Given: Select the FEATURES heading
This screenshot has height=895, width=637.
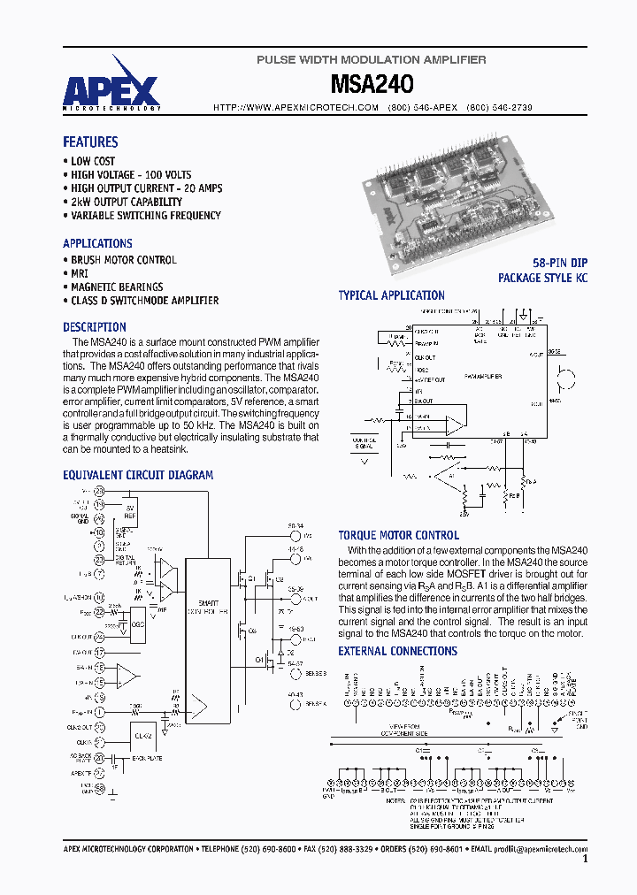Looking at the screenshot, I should click(x=90, y=142).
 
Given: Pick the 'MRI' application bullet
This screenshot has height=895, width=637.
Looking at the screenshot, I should click(x=79, y=273).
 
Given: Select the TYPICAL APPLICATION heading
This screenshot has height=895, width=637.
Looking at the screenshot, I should click(x=391, y=295).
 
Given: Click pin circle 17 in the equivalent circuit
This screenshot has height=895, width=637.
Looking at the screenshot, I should click(x=99, y=653).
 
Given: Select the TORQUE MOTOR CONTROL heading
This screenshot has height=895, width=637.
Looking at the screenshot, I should click(x=398, y=535).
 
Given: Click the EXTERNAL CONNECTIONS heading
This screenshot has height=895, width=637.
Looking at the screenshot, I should click(x=397, y=651).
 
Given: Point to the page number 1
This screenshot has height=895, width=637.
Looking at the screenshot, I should click(x=585, y=859).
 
